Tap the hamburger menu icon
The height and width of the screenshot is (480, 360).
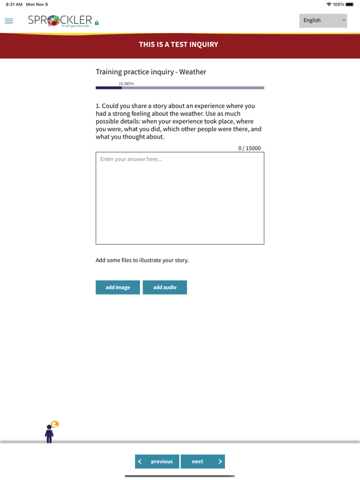coord(9,21)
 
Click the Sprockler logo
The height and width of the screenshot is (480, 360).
coord(61,21)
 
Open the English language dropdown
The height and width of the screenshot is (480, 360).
coord(322,21)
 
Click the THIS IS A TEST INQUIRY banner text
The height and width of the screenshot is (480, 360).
coord(179,44)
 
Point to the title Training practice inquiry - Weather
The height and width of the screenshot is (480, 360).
coord(151,72)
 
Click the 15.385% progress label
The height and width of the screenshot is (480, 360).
coord(126,83)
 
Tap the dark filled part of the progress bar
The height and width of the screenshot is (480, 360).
coord(108,88)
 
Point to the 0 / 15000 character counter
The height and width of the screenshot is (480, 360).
coord(249,148)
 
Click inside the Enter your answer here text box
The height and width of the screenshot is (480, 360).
coord(180,198)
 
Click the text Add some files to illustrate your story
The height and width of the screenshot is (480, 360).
coord(142,260)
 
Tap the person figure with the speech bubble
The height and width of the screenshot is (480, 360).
coord(50,432)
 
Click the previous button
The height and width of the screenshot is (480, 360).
coord(157,461)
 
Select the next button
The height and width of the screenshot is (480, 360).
coord(202,461)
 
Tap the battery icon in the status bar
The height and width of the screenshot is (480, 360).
coord(350,4)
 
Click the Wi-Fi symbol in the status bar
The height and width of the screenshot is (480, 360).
coord(329,4)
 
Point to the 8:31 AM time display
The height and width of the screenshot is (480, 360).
coord(14,4)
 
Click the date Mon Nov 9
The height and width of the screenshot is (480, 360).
coord(37,4)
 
